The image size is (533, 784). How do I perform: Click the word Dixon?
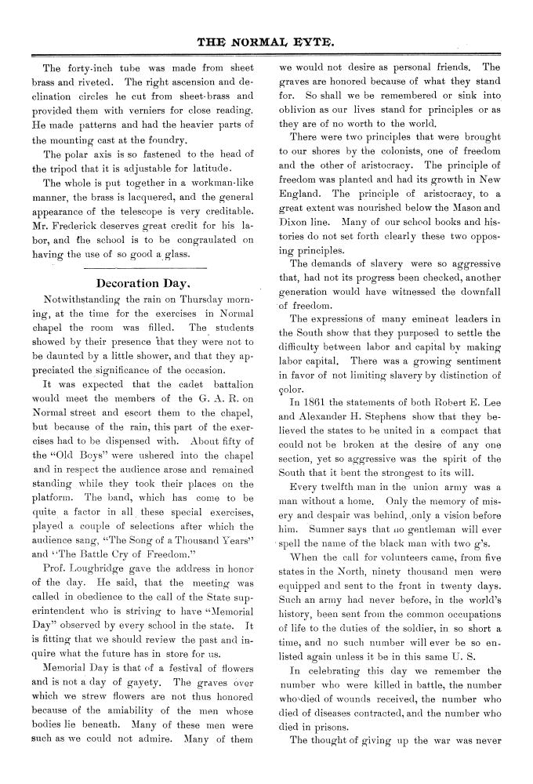(296, 222)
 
